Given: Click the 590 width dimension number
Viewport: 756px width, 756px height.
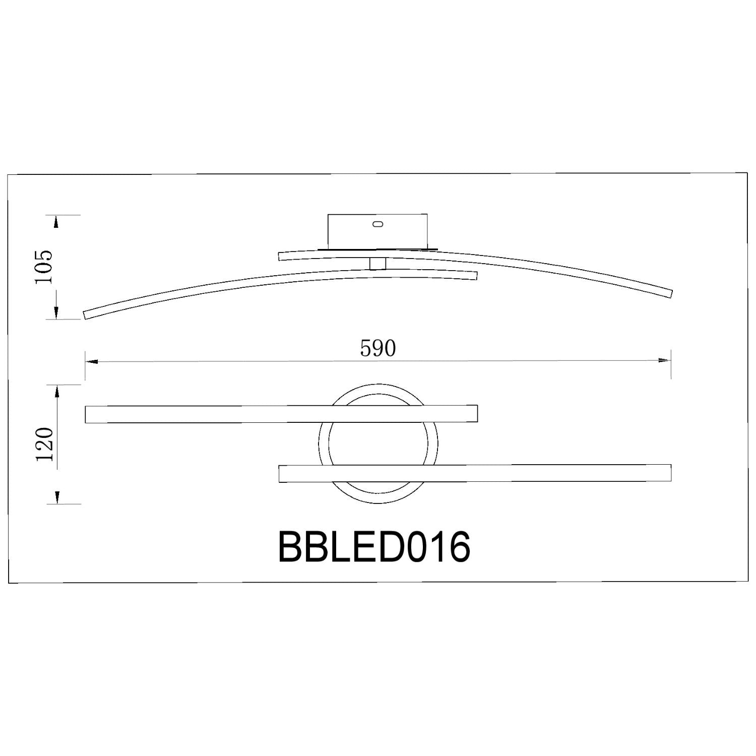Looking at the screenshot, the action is [x=378, y=348].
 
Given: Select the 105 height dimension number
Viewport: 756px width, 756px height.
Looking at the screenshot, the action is [x=43, y=267].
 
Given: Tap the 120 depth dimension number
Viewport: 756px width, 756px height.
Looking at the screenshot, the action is [x=44, y=444].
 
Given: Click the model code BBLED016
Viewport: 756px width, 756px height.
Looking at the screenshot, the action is [x=374, y=547].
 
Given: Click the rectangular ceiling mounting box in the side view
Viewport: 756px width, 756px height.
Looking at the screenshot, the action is [x=377, y=231].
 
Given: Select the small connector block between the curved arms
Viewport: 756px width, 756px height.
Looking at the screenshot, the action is [x=377, y=264].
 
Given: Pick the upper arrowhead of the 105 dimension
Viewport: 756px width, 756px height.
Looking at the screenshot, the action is [x=56, y=222].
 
